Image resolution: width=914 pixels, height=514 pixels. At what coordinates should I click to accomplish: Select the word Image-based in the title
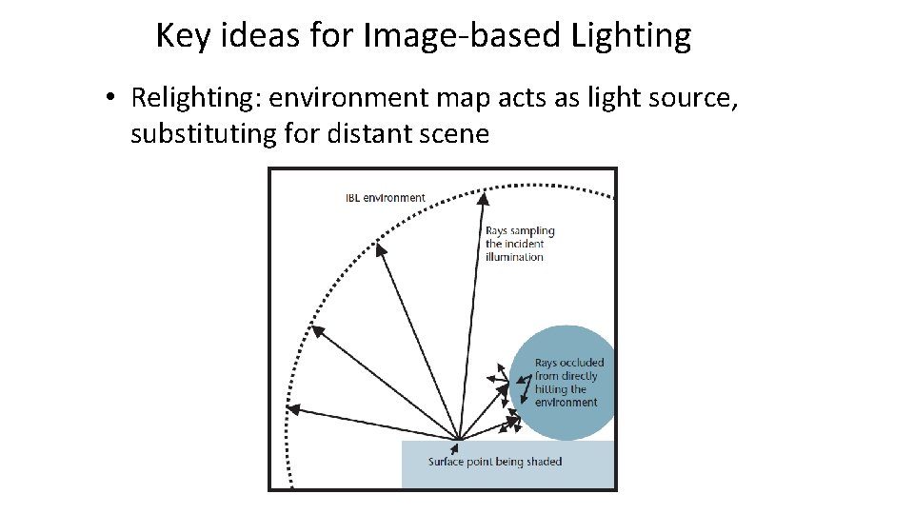(462, 36)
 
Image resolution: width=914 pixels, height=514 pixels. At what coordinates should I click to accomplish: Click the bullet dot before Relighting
(111, 98)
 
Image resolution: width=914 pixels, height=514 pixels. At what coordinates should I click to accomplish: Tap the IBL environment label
(385, 198)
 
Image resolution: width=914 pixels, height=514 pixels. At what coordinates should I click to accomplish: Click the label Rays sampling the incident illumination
(519, 244)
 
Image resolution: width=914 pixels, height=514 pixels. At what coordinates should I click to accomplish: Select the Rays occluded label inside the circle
(568, 382)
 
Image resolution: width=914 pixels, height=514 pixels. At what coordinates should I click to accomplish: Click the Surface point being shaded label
(495, 462)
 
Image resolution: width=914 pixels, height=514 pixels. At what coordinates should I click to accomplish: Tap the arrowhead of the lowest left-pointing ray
(293, 408)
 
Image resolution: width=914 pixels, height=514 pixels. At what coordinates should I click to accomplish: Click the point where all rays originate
(460, 440)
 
